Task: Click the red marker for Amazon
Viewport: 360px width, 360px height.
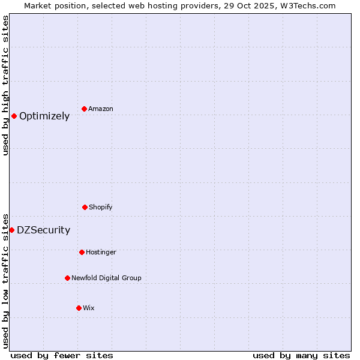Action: click(85, 109)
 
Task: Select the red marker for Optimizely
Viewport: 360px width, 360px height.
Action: click(14, 116)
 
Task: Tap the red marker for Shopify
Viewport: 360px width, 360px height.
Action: click(85, 207)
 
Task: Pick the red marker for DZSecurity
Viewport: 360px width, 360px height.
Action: click(11, 230)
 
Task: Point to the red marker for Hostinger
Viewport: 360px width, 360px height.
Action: click(82, 252)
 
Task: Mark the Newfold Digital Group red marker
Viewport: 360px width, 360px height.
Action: click(67, 278)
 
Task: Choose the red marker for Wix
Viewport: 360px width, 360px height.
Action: click(79, 308)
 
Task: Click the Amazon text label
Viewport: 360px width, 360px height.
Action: click(101, 109)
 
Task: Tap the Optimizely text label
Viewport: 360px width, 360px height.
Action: click(44, 116)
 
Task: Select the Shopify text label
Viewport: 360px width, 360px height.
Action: click(101, 207)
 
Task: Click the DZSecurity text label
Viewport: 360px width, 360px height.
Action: click(43, 230)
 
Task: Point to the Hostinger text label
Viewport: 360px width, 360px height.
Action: click(101, 252)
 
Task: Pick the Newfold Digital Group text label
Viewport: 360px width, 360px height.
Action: click(106, 278)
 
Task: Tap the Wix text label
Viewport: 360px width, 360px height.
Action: click(89, 308)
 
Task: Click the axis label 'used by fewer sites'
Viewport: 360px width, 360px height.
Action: click(62, 355)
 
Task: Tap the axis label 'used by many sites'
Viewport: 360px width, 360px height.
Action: click(301, 355)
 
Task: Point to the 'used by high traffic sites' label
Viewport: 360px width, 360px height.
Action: click(5, 85)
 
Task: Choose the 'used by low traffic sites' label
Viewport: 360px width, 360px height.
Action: click(5, 280)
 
